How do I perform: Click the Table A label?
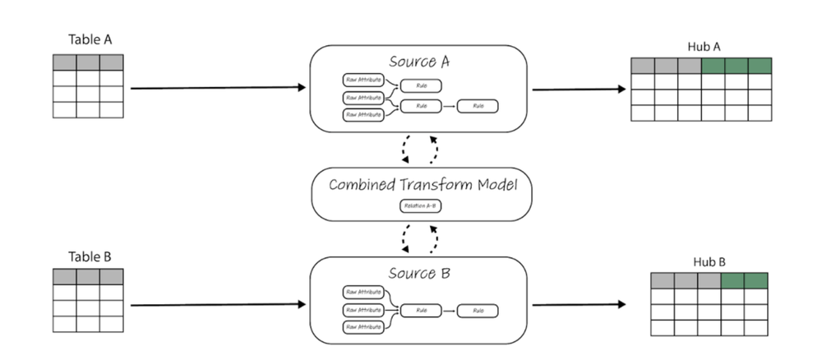pyautogui.click(x=88, y=39)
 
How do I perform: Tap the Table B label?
pyautogui.click(x=88, y=254)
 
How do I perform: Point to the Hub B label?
pyautogui.click(x=709, y=261)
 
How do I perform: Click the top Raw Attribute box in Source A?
pyautogui.click(x=363, y=81)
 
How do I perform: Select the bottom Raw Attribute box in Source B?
pyautogui.click(x=363, y=327)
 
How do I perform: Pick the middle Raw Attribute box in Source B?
pyautogui.click(x=363, y=310)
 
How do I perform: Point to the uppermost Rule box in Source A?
pyautogui.click(x=421, y=85)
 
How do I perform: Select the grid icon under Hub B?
pyautogui.click(x=709, y=304)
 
